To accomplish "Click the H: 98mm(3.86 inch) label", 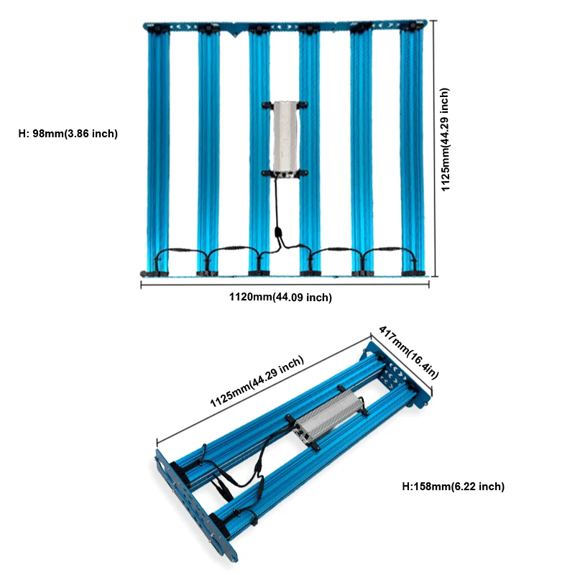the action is [x=68, y=134].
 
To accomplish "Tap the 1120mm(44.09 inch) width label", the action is [x=280, y=297].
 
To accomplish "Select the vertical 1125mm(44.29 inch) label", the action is [x=445, y=139].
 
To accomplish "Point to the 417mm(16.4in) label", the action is [x=408, y=352].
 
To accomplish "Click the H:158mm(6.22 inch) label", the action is [x=454, y=487].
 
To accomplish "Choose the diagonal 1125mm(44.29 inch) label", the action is [x=257, y=382].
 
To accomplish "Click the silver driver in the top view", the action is [x=285, y=139].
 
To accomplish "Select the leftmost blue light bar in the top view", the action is [x=158, y=151].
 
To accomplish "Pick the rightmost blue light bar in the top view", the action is [x=412, y=151].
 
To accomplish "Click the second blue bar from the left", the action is [x=208, y=151].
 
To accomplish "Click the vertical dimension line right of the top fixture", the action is [x=435, y=149].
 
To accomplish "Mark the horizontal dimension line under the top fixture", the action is [x=285, y=284].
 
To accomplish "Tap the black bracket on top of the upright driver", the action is [x=285, y=105].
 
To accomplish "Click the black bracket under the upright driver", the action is [x=285, y=173].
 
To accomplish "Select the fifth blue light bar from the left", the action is [x=362, y=151].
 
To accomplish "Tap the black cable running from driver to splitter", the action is [x=277, y=203].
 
